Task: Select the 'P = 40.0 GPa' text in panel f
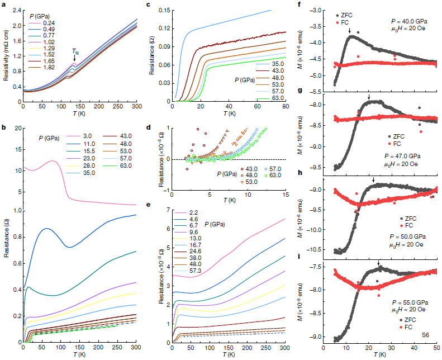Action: coord(410,20)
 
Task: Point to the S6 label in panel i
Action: coord(426,334)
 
